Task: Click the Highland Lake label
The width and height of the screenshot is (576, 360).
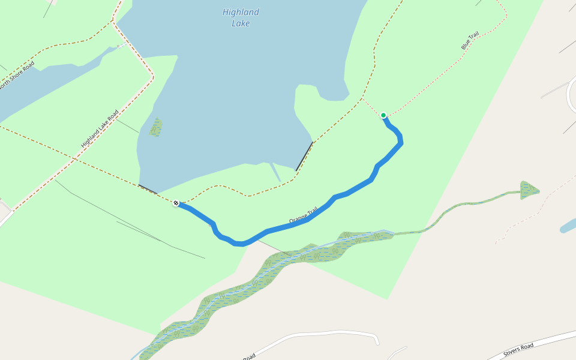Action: pos(241,17)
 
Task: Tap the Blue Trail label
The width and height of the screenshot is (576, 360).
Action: pos(469,41)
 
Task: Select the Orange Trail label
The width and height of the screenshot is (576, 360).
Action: pos(304,217)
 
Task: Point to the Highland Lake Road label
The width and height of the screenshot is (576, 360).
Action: pos(100,129)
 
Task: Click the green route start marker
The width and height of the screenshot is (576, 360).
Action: pos(383,115)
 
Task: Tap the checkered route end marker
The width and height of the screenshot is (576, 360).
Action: pos(176,203)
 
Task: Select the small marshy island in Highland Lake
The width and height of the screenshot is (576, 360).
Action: pos(156,127)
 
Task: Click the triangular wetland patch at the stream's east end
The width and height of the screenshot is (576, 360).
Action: pos(529,190)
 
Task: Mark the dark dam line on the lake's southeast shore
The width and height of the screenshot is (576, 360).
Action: pos(304,156)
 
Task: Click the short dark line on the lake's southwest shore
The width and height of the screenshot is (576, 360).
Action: pos(148,189)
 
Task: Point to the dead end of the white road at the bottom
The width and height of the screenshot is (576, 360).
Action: pos(378,343)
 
